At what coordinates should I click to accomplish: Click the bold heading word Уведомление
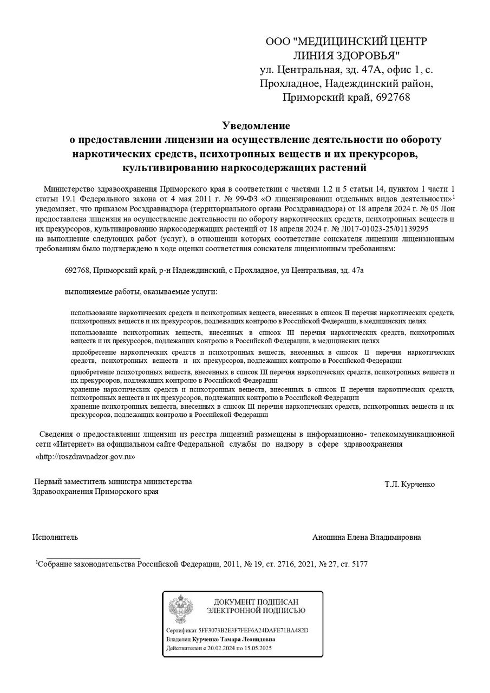256,126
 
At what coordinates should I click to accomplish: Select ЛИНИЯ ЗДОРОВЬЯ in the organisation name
347,55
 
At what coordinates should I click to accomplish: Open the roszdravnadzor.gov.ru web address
85,457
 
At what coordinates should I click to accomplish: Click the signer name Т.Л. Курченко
409,484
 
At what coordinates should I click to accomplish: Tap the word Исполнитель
55,537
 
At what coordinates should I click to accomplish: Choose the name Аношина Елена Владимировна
367,537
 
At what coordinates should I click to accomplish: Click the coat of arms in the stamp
179,610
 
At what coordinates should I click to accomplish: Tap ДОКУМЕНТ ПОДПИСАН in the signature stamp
256,602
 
